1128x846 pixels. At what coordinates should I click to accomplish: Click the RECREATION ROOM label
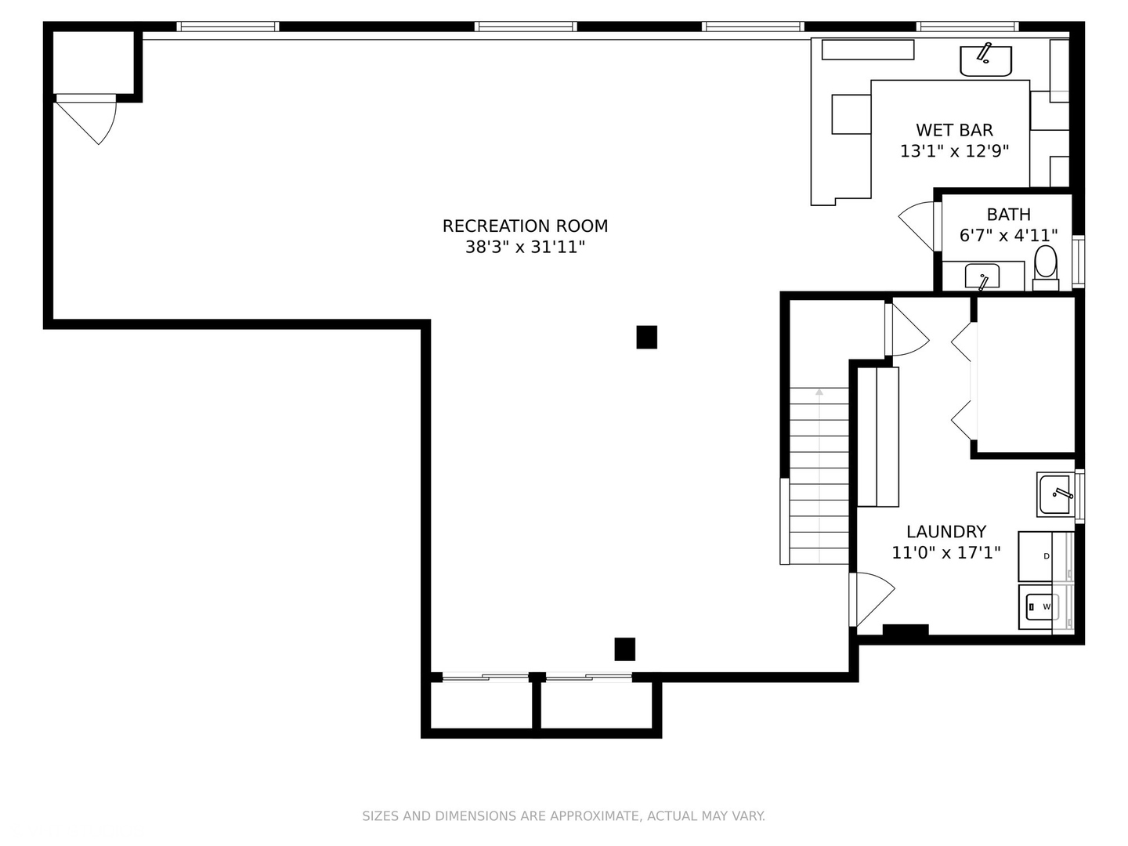point(525,226)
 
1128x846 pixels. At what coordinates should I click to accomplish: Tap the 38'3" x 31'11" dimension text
point(525,248)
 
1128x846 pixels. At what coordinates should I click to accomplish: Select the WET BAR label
point(954,130)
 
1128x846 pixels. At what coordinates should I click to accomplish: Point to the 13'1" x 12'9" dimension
point(954,151)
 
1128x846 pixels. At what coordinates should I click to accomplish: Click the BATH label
point(1008,214)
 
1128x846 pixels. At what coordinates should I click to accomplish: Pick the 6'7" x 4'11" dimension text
point(1008,235)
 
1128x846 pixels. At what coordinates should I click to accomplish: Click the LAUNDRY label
point(945,531)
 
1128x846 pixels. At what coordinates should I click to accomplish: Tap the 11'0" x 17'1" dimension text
point(945,553)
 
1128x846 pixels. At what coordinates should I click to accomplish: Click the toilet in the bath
point(1045,265)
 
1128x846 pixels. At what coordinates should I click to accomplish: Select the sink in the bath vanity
point(982,277)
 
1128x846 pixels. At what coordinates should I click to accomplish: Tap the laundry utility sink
point(1056,493)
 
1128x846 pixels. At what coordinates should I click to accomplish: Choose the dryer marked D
point(1045,556)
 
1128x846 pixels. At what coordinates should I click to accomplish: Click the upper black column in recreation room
point(646,337)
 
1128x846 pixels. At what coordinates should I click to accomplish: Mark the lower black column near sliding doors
point(624,649)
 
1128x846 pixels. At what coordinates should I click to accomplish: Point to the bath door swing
point(916,223)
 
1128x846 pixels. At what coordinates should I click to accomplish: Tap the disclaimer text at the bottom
point(563,816)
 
